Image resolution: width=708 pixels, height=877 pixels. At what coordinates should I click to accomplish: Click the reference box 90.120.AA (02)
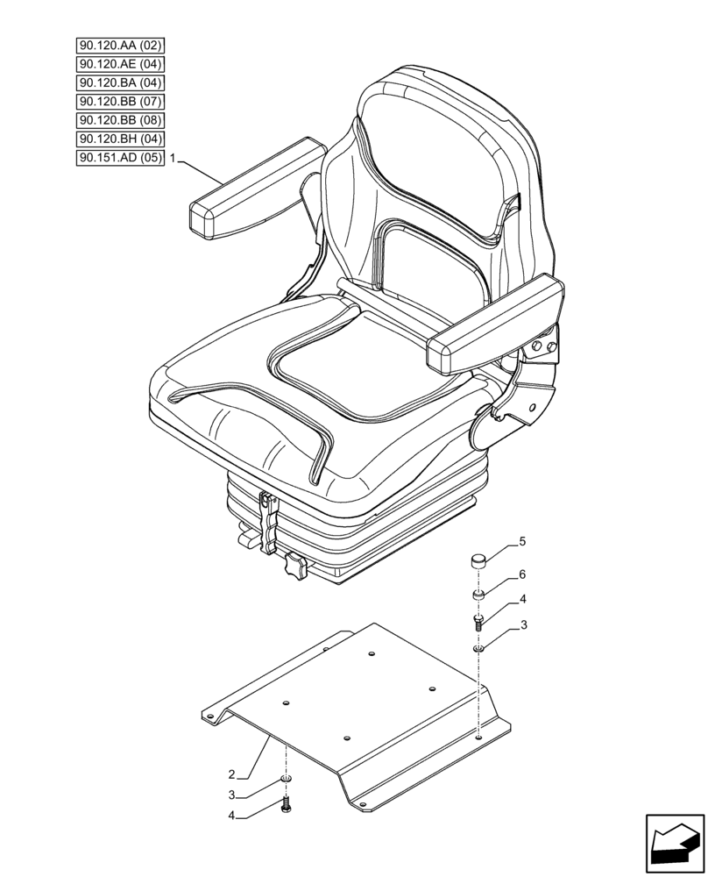(x=120, y=46)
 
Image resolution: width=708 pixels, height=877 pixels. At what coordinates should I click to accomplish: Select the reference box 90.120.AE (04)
(x=120, y=64)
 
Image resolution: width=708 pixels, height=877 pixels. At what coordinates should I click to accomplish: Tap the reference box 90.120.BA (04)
(x=120, y=82)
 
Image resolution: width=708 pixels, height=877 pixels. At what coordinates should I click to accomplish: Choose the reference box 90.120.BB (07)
(x=120, y=102)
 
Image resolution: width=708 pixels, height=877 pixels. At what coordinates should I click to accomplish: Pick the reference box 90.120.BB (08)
(x=120, y=120)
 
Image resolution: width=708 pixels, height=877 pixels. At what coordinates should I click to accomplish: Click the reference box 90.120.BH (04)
(x=120, y=139)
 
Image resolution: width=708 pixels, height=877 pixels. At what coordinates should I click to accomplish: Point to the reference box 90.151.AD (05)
(x=120, y=158)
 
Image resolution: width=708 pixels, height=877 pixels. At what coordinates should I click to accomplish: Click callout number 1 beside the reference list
(x=174, y=159)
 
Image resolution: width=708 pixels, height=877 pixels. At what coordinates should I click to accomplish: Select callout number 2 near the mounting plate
(x=231, y=774)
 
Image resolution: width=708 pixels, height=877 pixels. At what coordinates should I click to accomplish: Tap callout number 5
(x=522, y=542)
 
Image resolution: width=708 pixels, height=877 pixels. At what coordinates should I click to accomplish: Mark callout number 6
(x=522, y=574)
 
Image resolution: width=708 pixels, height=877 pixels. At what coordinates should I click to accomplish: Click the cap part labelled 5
(x=479, y=561)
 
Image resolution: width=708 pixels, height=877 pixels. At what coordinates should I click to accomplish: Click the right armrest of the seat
(x=492, y=329)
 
